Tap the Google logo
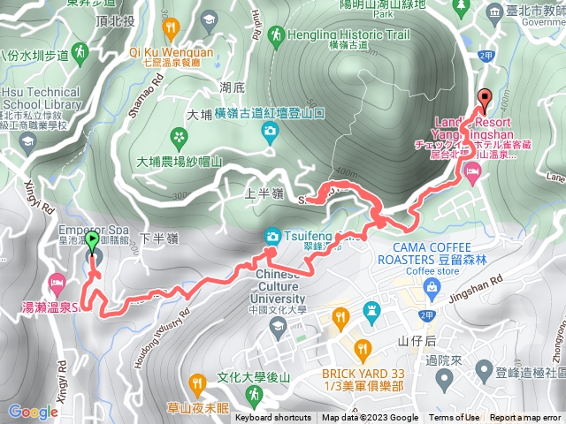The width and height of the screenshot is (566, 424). (33, 412)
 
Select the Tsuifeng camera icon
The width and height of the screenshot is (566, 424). (272, 236)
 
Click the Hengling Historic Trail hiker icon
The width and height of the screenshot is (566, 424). (277, 35)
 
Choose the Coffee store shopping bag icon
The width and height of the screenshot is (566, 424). (430, 286)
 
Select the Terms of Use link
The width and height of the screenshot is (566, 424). (455, 418)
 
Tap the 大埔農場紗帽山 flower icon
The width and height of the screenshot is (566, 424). (180, 136)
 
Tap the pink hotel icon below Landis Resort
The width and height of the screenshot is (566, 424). (470, 178)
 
